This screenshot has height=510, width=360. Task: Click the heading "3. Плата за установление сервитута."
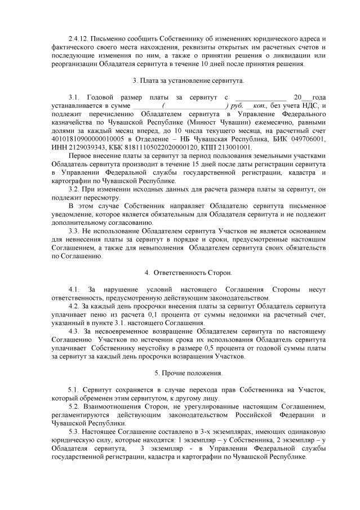180,81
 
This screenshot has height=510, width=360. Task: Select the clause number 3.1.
73,98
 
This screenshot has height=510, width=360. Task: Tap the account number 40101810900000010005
87,139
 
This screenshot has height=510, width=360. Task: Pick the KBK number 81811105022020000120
148,147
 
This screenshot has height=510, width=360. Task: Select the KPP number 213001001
233,147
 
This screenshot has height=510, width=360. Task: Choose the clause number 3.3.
73,231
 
